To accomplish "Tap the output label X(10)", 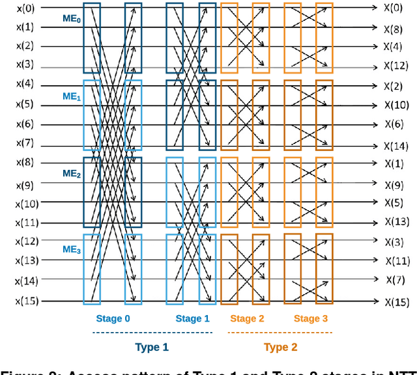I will point(395,105).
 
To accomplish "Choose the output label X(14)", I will point(395,146).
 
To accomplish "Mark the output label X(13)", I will point(395,221).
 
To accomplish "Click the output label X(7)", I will point(395,279).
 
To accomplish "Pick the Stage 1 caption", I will point(192,318).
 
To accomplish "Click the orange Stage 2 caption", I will point(247,318).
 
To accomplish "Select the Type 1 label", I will point(151,347).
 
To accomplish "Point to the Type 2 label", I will point(280,347).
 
